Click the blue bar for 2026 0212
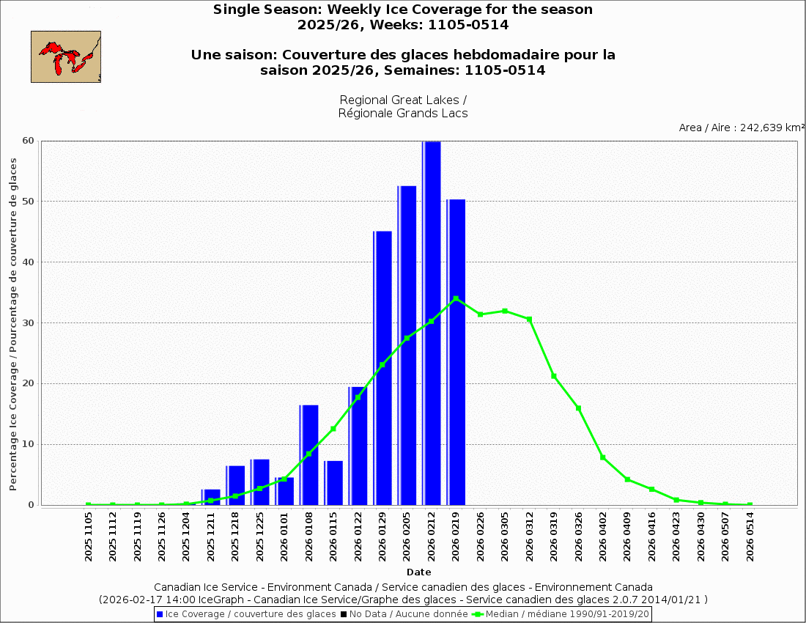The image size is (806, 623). (x=432, y=322)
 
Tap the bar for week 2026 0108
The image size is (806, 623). (x=309, y=454)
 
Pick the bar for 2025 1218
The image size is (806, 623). (x=236, y=485)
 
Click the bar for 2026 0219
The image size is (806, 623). (x=456, y=352)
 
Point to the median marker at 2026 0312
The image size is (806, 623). (x=529, y=320)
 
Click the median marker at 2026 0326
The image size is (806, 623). (x=578, y=408)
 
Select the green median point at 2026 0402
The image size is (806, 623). (x=603, y=457)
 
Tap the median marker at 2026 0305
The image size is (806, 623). (x=505, y=311)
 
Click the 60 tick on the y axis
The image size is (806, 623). (x=30, y=141)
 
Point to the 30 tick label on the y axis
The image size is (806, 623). (x=30, y=323)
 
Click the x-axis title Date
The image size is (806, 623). (x=419, y=572)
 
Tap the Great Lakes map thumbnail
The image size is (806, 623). (x=66, y=56)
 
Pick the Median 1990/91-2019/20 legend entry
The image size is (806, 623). (x=561, y=614)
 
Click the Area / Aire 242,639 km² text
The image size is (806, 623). (x=742, y=128)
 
